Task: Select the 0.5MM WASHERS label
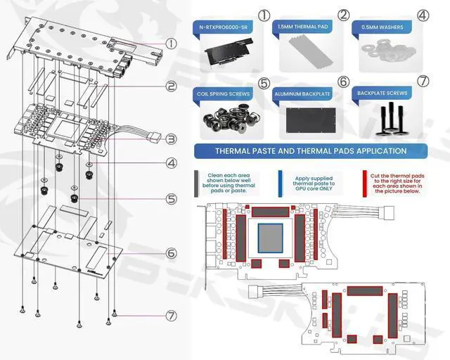[382, 27]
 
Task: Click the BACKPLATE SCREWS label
[382, 93]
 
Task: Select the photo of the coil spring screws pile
[226, 120]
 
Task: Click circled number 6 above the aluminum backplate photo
[343, 82]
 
